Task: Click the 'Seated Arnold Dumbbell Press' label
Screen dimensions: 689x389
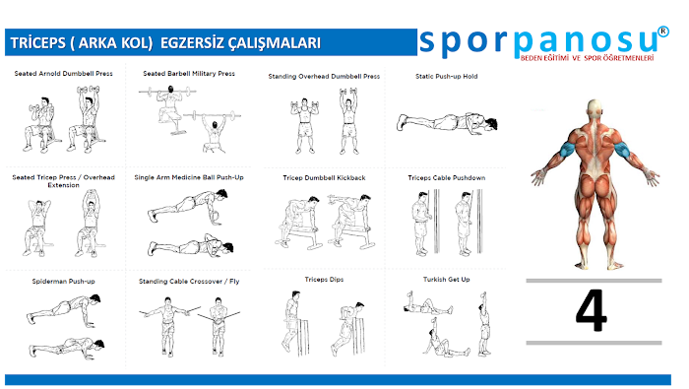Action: (63, 74)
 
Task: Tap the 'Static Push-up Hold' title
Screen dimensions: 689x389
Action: (447, 76)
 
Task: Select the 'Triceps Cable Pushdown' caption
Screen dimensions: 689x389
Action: (447, 177)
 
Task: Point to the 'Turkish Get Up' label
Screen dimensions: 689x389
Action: (447, 280)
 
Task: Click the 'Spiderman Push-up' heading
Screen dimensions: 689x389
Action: (63, 282)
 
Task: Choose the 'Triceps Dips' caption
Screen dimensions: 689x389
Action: (324, 280)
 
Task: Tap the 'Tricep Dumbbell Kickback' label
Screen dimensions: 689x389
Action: (324, 177)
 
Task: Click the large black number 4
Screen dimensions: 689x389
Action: (592, 310)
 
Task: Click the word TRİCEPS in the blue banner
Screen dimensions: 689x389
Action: (37, 43)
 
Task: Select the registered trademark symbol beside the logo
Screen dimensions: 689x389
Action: (663, 32)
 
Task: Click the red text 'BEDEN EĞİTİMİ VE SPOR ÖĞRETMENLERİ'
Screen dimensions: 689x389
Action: (587, 58)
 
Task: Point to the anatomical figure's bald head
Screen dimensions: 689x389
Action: (594, 106)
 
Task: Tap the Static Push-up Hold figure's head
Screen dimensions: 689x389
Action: (490, 123)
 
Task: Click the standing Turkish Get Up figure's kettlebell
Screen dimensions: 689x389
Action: (484, 294)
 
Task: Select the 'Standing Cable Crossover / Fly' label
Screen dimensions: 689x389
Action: (189, 282)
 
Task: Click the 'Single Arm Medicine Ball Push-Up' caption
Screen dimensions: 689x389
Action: (189, 177)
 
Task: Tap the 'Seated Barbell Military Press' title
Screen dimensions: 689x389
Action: (189, 74)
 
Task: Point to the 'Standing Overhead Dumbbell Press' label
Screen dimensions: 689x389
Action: (324, 76)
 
